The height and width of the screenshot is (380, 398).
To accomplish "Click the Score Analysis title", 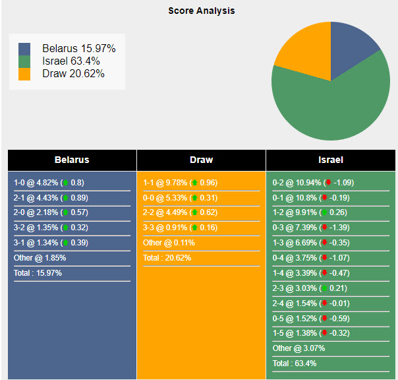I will coord(201,11).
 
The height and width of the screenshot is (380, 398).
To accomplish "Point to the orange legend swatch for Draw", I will coord(24,74).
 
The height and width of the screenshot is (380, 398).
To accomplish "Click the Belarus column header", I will coord(72,160).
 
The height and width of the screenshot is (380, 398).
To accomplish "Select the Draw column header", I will coord(201,160).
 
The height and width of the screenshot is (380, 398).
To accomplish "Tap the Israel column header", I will coord(330,160).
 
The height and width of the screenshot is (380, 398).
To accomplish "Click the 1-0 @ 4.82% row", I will coord(49,183).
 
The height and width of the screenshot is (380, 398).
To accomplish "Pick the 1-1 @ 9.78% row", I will coord(180,183).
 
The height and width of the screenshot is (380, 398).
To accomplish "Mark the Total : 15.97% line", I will coord(38,272).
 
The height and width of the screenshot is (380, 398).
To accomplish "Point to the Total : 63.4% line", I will coord(295,363).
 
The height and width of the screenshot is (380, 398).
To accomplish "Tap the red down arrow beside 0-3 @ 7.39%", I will coord(326,228).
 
